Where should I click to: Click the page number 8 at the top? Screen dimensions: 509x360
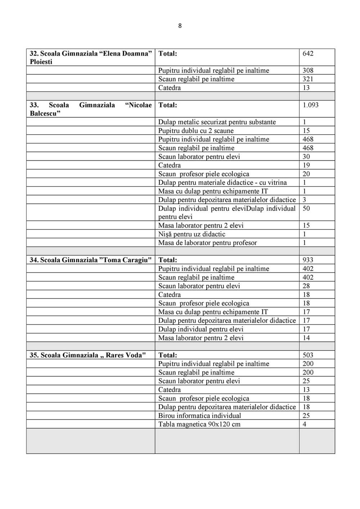pyautogui.click(x=180, y=26)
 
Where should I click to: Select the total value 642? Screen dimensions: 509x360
pyautogui.click(x=308, y=54)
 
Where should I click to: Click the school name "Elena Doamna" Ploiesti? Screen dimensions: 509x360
pyautogui.click(x=90, y=58)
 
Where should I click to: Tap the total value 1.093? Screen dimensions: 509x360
pyautogui.click(x=310, y=105)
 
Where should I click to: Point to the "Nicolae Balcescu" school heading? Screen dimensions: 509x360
pyautogui.click(x=90, y=109)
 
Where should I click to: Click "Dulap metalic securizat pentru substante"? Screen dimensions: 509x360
pyautogui.click(x=217, y=122)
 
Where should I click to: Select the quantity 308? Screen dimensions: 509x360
pyautogui.click(x=308, y=71)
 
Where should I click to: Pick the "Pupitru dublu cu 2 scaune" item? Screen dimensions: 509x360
pyautogui.click(x=196, y=131)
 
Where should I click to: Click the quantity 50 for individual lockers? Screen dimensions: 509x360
pyautogui.click(x=306, y=208)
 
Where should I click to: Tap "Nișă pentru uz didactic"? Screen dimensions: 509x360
pyautogui.click(x=192, y=234)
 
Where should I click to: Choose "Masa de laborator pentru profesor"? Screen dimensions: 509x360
pyautogui.click(x=207, y=243)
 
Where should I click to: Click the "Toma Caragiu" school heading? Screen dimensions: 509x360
pyautogui.click(x=90, y=260)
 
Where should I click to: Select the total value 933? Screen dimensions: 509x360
pyautogui.click(x=308, y=260)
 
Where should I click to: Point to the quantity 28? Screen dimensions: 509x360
pyautogui.click(x=306, y=286)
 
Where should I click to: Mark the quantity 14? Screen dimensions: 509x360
pyautogui.click(x=306, y=338)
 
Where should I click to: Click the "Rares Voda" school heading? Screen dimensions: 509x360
pyautogui.click(x=88, y=355)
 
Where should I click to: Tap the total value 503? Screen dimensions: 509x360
pyautogui.click(x=308, y=355)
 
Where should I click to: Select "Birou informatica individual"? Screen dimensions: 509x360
pyautogui.click(x=199, y=416)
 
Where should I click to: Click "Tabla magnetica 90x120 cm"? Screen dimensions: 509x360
pyautogui.click(x=199, y=424)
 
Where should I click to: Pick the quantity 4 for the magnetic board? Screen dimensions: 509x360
pyautogui.click(x=305, y=424)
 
